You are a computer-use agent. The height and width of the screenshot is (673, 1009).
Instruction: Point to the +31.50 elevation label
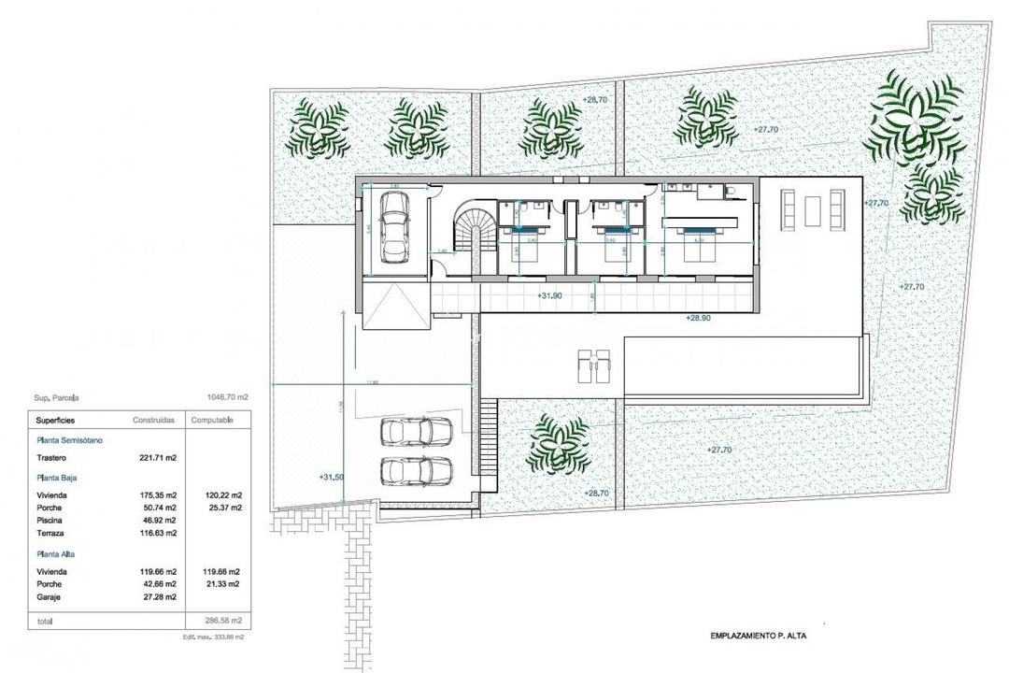tap(332, 477)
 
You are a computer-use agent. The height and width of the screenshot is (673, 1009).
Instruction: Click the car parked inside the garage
tap(394, 236)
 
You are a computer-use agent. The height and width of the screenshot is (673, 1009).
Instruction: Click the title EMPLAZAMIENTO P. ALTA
tap(759, 636)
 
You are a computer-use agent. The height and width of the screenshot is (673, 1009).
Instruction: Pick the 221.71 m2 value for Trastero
tap(158, 458)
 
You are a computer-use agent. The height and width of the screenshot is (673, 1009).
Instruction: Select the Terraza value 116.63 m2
tap(158, 533)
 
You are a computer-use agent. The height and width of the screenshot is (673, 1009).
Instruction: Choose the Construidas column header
tap(154, 421)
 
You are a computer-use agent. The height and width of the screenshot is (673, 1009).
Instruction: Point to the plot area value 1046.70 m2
tap(228, 396)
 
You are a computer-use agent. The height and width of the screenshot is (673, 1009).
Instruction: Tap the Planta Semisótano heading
tap(70, 439)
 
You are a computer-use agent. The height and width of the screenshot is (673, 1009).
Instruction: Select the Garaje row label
tap(50, 595)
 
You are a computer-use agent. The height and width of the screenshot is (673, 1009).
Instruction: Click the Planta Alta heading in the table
tap(60, 553)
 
